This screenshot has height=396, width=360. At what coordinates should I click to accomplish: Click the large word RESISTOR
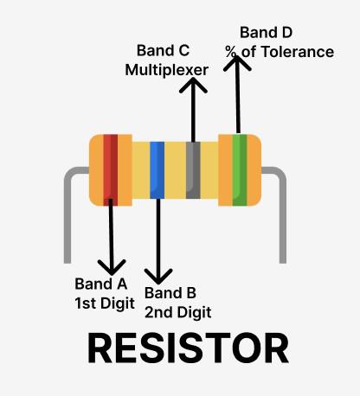click(188, 348)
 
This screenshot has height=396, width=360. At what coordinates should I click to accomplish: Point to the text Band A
click(101, 283)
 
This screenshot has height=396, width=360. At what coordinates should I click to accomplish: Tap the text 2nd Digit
click(178, 311)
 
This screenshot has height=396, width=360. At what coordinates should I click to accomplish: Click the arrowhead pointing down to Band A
click(111, 264)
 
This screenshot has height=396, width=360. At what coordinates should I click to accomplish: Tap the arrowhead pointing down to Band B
click(157, 276)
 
